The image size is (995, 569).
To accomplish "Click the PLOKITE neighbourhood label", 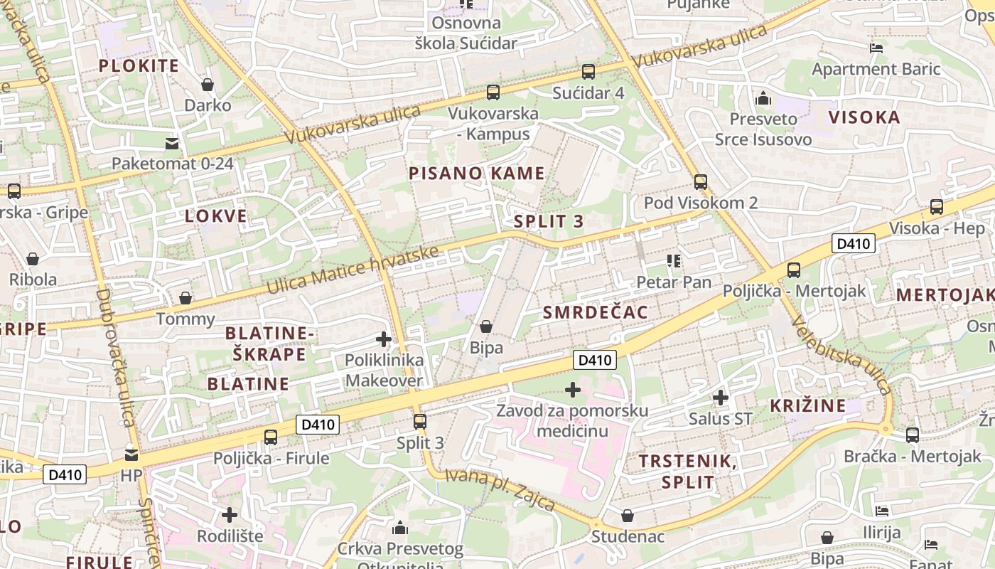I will pyautogui.click(x=139, y=66).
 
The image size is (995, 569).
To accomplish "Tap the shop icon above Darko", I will pyautogui.click(x=208, y=85).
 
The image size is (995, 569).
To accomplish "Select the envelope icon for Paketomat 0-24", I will pyautogui.click(x=172, y=144).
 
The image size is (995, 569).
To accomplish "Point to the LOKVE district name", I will pyautogui.click(x=216, y=216).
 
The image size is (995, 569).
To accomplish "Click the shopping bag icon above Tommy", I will pyautogui.click(x=185, y=298).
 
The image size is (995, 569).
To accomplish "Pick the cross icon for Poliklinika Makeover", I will pyautogui.click(x=384, y=339).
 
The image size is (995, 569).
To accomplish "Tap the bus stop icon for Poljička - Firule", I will pyautogui.click(x=271, y=437).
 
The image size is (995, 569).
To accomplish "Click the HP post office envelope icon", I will pyautogui.click(x=131, y=454).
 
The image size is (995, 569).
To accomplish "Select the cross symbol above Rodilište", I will pyautogui.click(x=230, y=514).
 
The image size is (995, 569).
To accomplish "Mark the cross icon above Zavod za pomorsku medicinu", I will pyautogui.click(x=573, y=390).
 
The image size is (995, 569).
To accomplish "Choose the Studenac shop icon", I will pyautogui.click(x=628, y=515).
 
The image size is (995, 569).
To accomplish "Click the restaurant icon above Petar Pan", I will pyautogui.click(x=674, y=261).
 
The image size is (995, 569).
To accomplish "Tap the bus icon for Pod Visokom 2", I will pyautogui.click(x=701, y=182).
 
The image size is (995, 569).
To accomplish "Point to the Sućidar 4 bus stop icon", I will pyautogui.click(x=588, y=72).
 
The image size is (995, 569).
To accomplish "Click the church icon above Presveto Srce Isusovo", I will pyautogui.click(x=763, y=98).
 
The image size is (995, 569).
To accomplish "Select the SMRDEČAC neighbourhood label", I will pyautogui.click(x=596, y=313).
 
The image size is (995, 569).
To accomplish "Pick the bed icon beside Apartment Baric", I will pyautogui.click(x=876, y=48).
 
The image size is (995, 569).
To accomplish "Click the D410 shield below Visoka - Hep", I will pyautogui.click(x=854, y=244).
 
